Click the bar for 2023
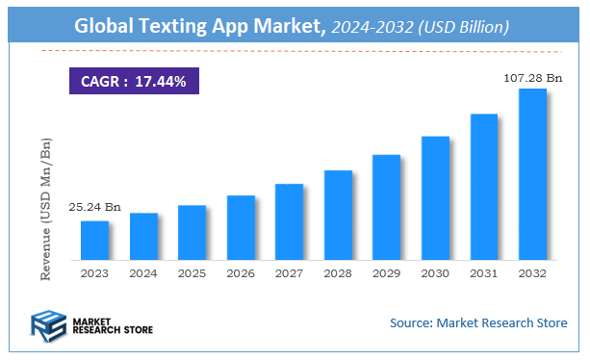(x=94, y=241)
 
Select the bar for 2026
(x=241, y=228)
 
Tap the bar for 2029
(x=386, y=207)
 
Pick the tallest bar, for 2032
(x=532, y=174)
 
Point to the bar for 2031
(x=483, y=187)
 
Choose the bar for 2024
(x=143, y=237)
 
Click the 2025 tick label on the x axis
(x=192, y=273)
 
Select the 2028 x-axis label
(x=338, y=273)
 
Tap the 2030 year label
(x=435, y=273)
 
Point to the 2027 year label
(x=289, y=273)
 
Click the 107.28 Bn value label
(x=529, y=75)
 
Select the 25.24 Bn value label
(x=94, y=207)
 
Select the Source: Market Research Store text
(x=478, y=322)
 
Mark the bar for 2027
(x=289, y=222)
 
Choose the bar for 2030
(x=435, y=198)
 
